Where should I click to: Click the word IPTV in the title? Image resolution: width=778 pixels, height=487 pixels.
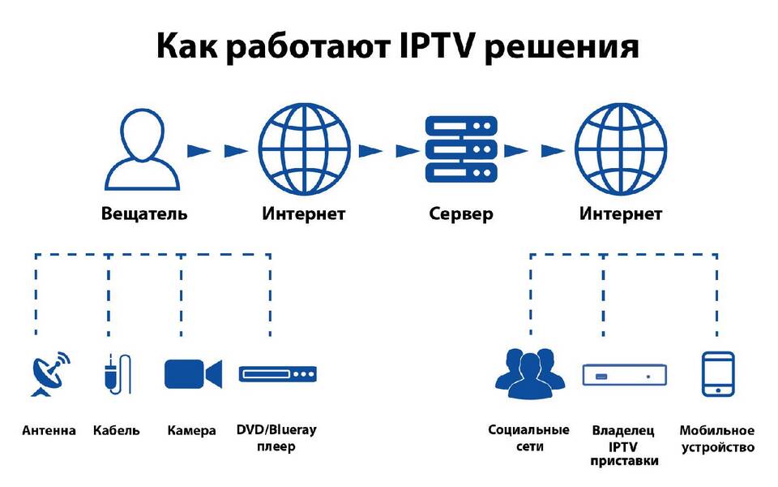point(436,45)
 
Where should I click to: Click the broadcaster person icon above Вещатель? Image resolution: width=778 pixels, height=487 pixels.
point(143,149)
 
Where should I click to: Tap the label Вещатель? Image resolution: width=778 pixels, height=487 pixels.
point(144,213)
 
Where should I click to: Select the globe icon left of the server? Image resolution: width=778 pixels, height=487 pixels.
point(304,149)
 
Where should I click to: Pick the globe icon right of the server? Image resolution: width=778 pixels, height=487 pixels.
point(621,149)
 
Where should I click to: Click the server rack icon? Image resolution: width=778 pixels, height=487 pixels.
point(461,149)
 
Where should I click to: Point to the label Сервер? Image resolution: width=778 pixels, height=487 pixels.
point(461,214)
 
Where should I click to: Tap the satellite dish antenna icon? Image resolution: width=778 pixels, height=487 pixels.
point(50,374)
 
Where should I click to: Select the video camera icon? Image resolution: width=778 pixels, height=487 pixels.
point(193,374)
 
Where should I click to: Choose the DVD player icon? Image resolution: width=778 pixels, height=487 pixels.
point(277,374)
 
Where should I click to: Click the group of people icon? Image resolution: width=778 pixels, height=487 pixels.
point(530,373)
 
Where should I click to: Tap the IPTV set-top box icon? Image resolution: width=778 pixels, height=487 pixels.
point(624,374)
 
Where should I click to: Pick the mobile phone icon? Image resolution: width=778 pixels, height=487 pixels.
point(718,374)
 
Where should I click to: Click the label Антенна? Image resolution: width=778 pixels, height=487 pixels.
point(49,430)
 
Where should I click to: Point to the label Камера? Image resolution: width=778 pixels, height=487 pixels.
point(191,430)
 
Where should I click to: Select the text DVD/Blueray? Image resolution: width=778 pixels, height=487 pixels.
point(276,430)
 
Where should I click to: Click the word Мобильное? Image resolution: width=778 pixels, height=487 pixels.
point(717,430)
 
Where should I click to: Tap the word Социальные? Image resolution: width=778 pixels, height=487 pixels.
point(529,430)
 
